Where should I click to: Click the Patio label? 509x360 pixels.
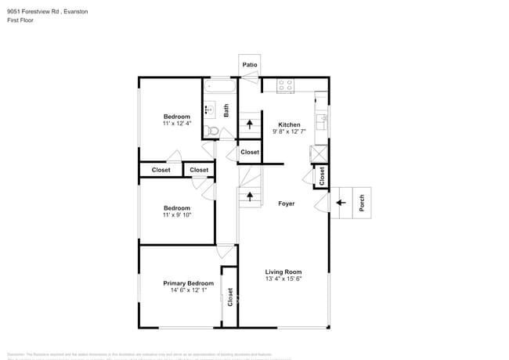click(x=249, y=64)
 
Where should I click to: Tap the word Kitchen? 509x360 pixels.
click(x=289, y=125)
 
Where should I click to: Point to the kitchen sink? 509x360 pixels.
click(x=321, y=122)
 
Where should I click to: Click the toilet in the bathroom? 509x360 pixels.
click(x=211, y=131)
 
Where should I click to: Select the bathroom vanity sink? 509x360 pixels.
click(x=210, y=110)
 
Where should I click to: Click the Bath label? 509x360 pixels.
click(x=226, y=111)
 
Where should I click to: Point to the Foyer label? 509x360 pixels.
click(x=287, y=203)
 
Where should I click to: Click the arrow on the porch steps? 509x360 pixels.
click(x=341, y=203)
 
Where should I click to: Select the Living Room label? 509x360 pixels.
click(x=283, y=272)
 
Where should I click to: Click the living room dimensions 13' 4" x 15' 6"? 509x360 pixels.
click(x=283, y=279)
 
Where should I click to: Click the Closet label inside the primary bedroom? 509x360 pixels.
click(x=230, y=297)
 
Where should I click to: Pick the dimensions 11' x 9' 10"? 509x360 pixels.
click(x=176, y=215)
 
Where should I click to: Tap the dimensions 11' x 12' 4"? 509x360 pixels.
click(x=176, y=124)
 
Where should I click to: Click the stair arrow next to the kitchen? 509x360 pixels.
click(x=250, y=124)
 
